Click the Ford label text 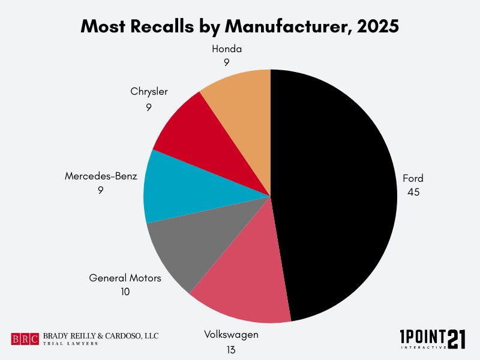[x=413, y=178]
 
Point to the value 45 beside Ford [x=413, y=193]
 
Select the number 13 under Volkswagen [x=230, y=349]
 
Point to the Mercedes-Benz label [x=101, y=176]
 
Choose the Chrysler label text [x=149, y=92]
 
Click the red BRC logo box [x=25, y=339]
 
